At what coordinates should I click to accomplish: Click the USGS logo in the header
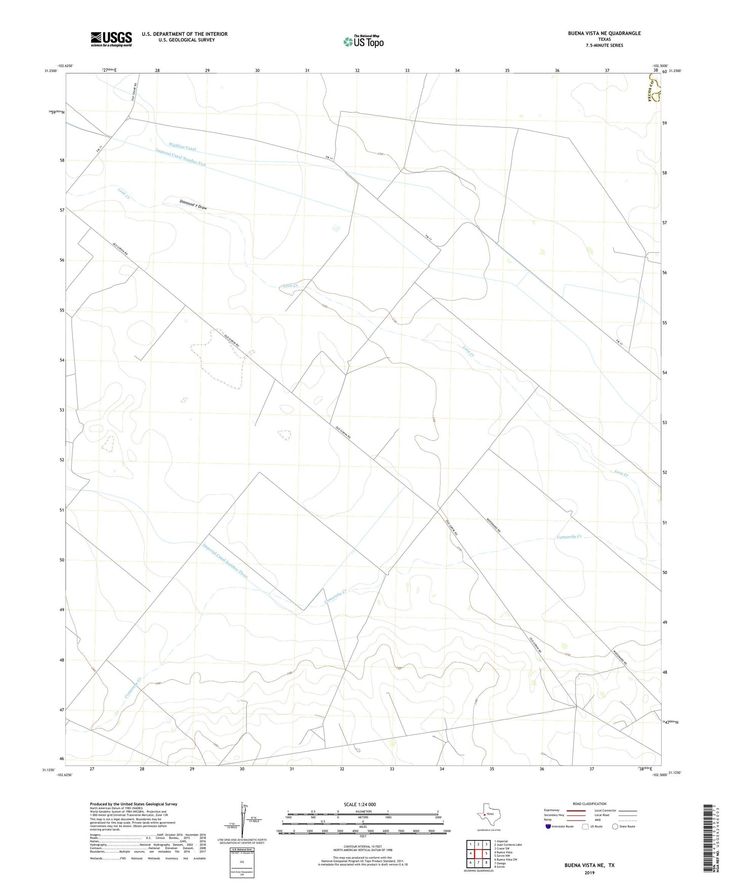point(111,39)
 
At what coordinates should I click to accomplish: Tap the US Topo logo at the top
point(363,41)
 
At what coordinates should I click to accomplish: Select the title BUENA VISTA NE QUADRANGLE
point(604,33)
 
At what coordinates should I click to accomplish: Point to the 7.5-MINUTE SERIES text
point(604,46)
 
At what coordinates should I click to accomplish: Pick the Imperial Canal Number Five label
point(181,157)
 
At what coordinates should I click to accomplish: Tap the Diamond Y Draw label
point(193,204)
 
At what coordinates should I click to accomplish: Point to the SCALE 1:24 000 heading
point(360,804)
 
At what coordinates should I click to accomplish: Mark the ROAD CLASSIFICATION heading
point(589,804)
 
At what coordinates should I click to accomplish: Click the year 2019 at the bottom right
point(589,872)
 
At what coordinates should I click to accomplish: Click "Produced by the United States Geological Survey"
point(134,804)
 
